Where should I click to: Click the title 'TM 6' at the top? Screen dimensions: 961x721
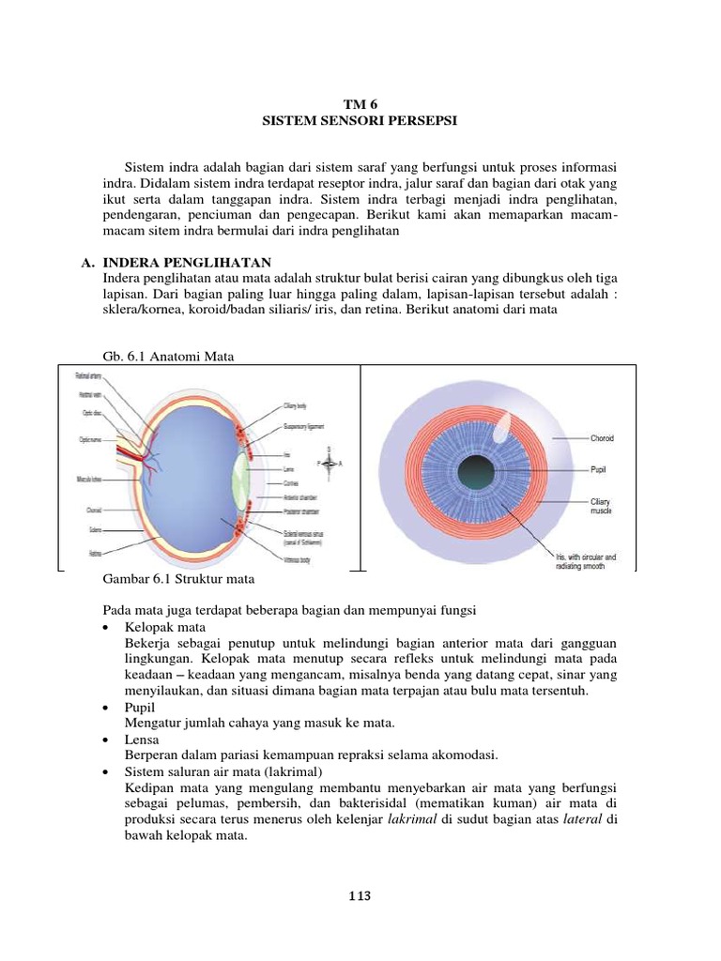click(x=361, y=105)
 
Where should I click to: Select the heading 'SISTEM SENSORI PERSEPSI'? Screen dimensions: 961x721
click(x=361, y=121)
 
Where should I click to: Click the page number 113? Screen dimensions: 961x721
click(x=360, y=896)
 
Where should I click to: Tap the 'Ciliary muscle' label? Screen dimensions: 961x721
click(x=602, y=506)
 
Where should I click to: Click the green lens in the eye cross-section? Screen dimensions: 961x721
click(x=242, y=469)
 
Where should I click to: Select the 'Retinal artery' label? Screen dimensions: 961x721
click(x=88, y=376)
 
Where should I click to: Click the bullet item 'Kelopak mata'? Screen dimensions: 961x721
click(x=164, y=626)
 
